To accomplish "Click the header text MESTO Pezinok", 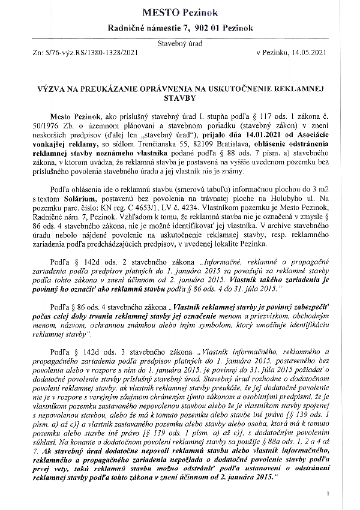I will point(180,11).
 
